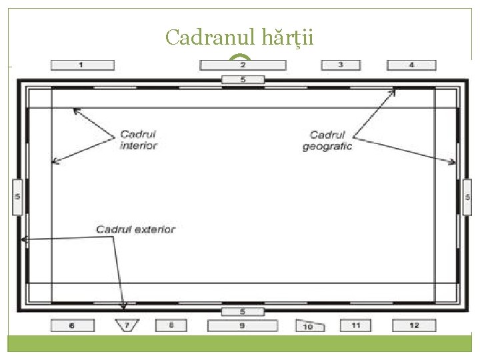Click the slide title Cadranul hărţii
click(x=239, y=37)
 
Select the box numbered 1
click(x=82, y=65)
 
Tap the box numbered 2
click(x=243, y=65)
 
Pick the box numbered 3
click(x=341, y=65)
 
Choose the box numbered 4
click(x=411, y=65)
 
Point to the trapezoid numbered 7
click(x=126, y=325)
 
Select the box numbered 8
click(x=171, y=325)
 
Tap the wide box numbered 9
click(x=242, y=325)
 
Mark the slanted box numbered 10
click(x=309, y=326)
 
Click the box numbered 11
click(x=356, y=325)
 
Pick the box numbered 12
click(x=414, y=325)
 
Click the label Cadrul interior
click(x=139, y=140)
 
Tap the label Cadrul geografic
click(x=327, y=140)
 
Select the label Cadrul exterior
click(x=135, y=229)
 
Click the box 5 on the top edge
click(x=243, y=80)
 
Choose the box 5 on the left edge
click(x=18, y=197)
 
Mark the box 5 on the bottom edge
click(x=243, y=311)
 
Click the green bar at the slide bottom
click(x=240, y=343)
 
